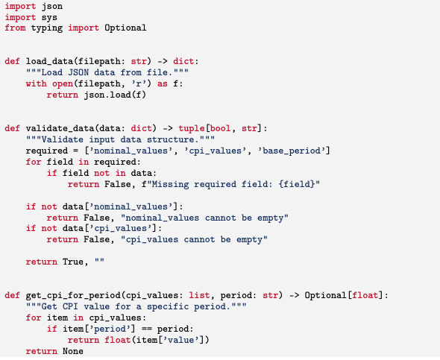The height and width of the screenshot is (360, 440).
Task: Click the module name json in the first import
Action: (x=52, y=7)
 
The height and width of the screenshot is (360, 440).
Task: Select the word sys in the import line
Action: (x=49, y=18)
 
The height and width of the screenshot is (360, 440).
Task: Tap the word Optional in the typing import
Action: (x=125, y=28)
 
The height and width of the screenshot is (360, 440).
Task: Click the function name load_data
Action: (x=49, y=61)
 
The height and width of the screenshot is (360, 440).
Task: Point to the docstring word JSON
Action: (x=78, y=72)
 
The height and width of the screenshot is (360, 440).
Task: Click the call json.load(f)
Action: (x=115, y=95)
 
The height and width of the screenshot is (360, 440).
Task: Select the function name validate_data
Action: (x=60, y=128)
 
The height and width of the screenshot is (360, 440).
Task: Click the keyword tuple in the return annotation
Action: (x=192, y=128)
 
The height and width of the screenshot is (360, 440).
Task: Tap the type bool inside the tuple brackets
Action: (x=220, y=128)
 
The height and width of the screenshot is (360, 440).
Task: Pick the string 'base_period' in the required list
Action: (x=292, y=151)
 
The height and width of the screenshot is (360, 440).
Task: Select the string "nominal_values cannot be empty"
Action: (x=204, y=218)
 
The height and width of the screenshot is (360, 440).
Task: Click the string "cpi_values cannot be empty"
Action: (x=194, y=240)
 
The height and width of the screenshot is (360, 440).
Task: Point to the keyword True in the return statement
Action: (x=73, y=262)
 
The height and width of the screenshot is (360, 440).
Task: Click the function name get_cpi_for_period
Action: (x=73, y=295)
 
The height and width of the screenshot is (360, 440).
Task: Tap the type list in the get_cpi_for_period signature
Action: (x=199, y=295)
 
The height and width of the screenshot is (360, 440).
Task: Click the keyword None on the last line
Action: (x=73, y=351)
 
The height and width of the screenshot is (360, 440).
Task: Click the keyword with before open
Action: (x=37, y=83)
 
